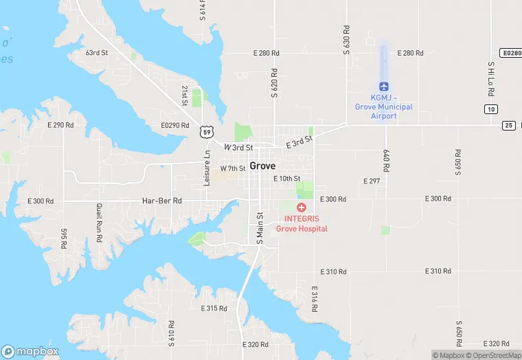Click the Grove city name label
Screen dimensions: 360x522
point(262,166)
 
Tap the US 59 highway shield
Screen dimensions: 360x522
point(207,131)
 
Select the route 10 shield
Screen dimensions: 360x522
point(490,109)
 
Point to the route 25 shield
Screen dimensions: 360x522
point(508,124)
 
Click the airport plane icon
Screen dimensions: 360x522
point(384,86)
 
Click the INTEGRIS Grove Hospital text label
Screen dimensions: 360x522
point(302,224)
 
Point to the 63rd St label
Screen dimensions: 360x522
point(97,53)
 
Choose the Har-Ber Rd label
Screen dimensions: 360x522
point(161,201)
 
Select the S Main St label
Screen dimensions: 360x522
point(260,227)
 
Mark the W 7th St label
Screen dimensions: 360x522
point(233,168)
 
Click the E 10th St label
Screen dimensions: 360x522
point(287,179)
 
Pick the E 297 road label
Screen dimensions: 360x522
point(371,181)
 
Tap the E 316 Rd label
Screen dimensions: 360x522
point(314,300)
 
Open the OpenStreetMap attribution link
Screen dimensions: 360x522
point(492,355)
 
